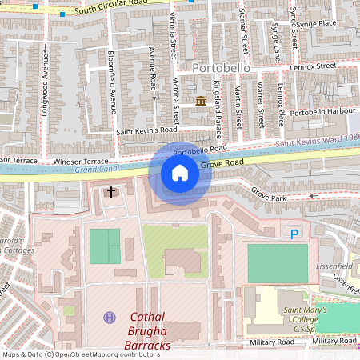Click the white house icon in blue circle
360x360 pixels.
click(x=180, y=173)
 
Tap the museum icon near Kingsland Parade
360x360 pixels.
click(x=200, y=100)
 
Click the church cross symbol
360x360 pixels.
click(x=111, y=192)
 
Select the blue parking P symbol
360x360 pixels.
click(x=294, y=234)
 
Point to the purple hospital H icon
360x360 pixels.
click(x=110, y=318)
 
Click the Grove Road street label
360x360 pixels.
click(x=222, y=163)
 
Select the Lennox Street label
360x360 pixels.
click(x=315, y=66)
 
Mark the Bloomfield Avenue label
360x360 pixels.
click(x=114, y=88)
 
